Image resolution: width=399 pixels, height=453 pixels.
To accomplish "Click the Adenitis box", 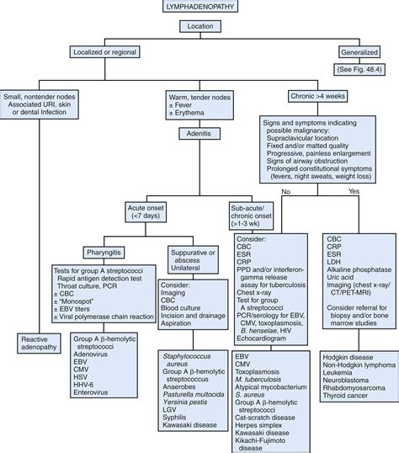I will coord(198,133).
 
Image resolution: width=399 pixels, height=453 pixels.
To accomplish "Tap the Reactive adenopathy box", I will coord(38,343).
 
